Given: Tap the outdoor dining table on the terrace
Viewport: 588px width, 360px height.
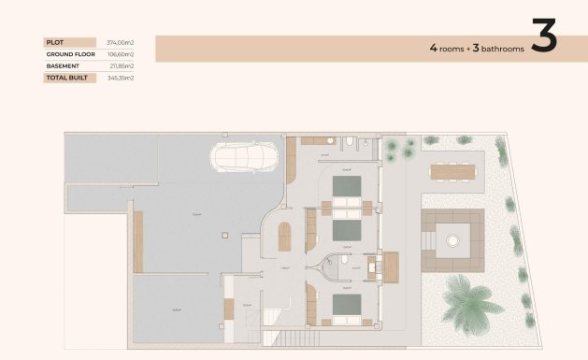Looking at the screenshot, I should point(452,171).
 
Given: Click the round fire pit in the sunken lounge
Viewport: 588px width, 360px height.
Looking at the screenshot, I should point(453,240).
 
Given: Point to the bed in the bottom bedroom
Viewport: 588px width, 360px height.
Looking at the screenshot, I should point(348,306).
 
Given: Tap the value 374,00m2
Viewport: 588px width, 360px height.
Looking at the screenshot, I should point(121,42).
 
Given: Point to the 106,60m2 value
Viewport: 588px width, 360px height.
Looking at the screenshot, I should point(121,54).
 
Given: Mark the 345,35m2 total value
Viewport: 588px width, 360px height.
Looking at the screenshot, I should point(121,79).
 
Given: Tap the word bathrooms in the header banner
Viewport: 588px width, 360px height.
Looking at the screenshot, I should point(498,48).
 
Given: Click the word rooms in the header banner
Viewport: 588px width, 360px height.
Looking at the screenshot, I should point(450,48).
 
